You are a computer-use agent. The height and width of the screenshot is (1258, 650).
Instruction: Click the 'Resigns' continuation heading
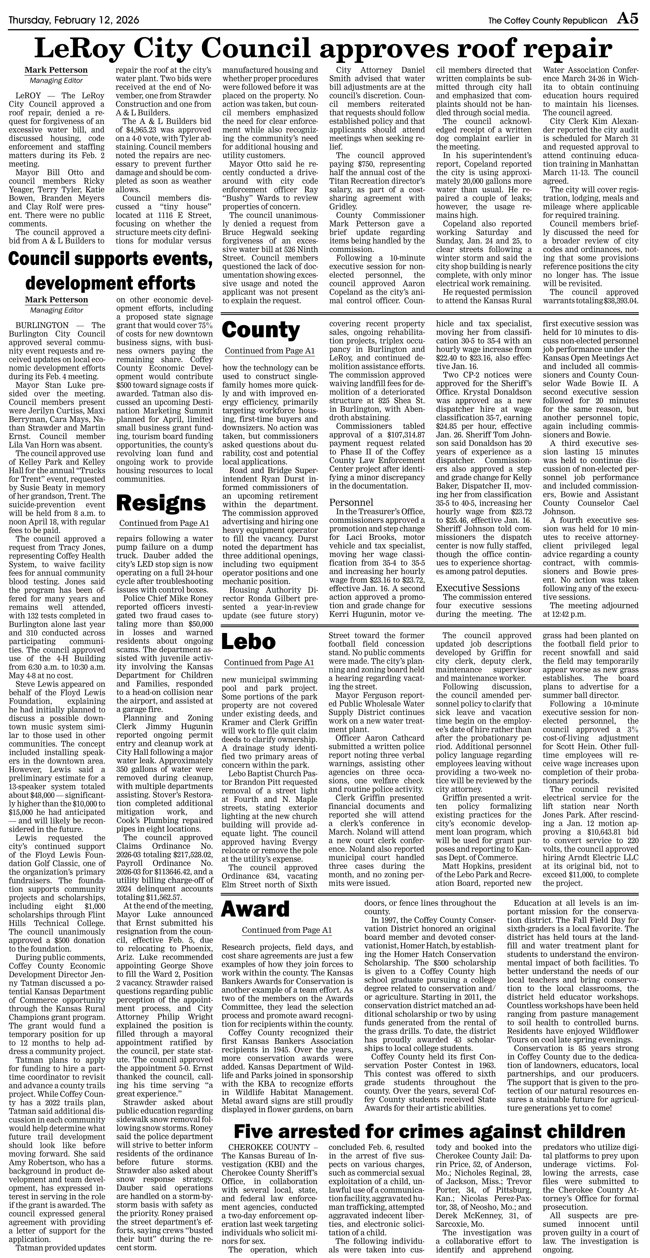click(161, 503)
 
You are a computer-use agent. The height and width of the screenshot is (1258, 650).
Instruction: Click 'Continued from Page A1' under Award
click(287, 930)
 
